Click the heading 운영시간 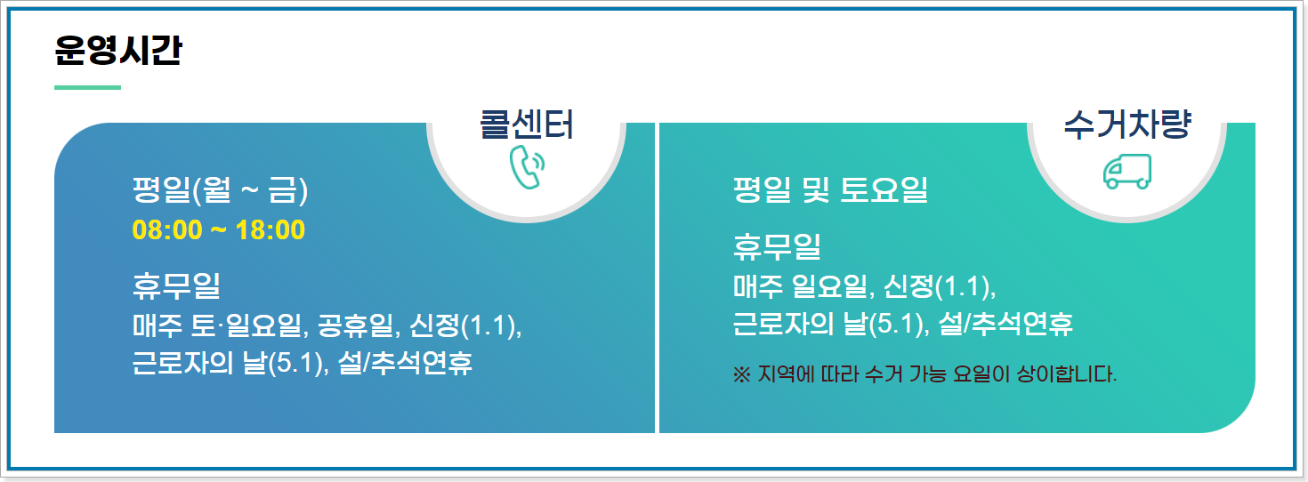(x=117, y=51)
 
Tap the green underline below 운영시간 (x=87, y=87)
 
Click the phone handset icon (x=527, y=167)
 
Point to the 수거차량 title (x=1126, y=125)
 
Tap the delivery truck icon (x=1126, y=171)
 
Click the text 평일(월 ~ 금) (x=219, y=190)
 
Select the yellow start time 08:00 (x=167, y=230)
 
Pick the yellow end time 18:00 (x=270, y=230)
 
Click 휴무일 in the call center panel (x=176, y=286)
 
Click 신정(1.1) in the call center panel (x=464, y=326)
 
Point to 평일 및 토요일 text (x=830, y=190)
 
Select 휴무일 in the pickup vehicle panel (x=777, y=245)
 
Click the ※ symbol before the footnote (x=742, y=374)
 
